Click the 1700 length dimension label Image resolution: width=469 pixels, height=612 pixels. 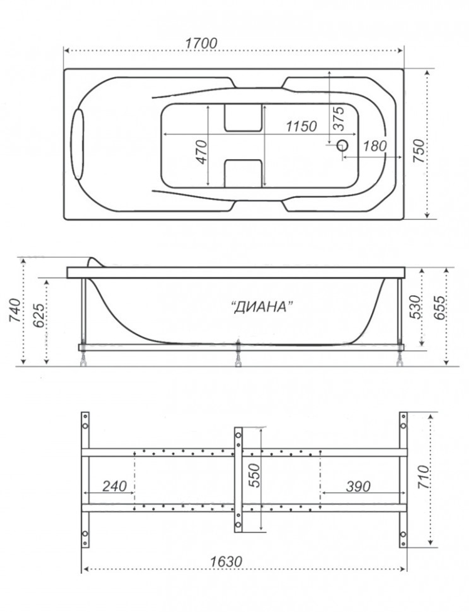[x=201, y=43]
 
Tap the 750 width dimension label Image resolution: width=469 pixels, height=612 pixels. [x=419, y=151]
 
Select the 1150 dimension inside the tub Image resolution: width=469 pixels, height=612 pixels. [x=301, y=126]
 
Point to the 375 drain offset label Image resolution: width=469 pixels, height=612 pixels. [x=339, y=118]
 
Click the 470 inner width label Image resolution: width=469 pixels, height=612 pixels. [x=202, y=152]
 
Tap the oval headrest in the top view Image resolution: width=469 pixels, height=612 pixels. [x=78, y=144]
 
